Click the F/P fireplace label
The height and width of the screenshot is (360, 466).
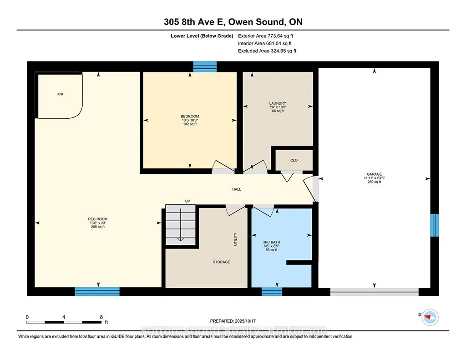pos(60,95)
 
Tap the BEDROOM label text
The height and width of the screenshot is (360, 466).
pos(190,116)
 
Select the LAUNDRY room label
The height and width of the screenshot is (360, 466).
pos(278,103)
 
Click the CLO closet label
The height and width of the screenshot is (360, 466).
pos(294,160)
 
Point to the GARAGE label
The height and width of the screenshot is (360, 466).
pos(374,174)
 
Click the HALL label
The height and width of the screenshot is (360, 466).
pos(237,189)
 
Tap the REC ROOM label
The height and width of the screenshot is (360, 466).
pos(98,219)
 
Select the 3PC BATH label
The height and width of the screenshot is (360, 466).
pos(271,242)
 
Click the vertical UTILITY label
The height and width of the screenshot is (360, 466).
pos(235,239)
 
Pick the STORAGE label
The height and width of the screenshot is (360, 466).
pos(222,262)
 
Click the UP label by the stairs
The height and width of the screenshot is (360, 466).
pos(187,201)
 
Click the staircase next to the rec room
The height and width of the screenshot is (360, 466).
pos(180,225)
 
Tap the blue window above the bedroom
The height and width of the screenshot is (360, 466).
pos(205,67)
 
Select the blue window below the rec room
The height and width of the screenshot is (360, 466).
pos(97,292)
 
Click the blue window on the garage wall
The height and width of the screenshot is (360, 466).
pos(435,225)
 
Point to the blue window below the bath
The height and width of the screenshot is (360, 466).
pos(272,292)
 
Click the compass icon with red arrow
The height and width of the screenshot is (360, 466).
pos(430,317)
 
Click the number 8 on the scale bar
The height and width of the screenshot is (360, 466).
pos(101,317)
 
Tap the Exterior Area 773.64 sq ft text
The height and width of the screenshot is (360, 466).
pos(265,36)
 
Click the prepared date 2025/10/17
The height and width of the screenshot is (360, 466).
pos(245,321)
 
